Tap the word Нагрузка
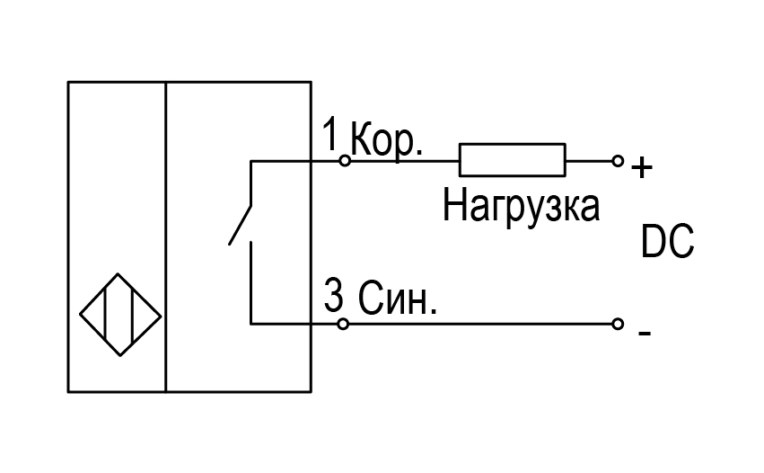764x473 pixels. [521, 207]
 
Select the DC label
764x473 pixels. [667, 242]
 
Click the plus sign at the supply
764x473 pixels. [642, 168]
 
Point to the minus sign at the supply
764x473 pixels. [644, 334]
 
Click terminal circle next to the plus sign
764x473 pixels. [618, 161]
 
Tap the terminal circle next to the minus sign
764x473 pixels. [618, 324]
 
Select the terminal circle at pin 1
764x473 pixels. [345, 160]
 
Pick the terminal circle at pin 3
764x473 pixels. [343, 324]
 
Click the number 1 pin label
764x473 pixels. [330, 134]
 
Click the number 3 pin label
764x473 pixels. [333, 295]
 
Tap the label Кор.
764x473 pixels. [386, 141]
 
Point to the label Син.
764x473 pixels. [398, 298]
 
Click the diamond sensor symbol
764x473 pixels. [120, 274]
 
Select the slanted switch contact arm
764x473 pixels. [241, 225]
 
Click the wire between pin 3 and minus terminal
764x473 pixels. [480, 324]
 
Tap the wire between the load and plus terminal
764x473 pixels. [589, 161]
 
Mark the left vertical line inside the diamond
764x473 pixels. [105, 315]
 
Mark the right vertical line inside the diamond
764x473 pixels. [133, 315]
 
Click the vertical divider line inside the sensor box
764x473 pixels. [166, 236]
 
